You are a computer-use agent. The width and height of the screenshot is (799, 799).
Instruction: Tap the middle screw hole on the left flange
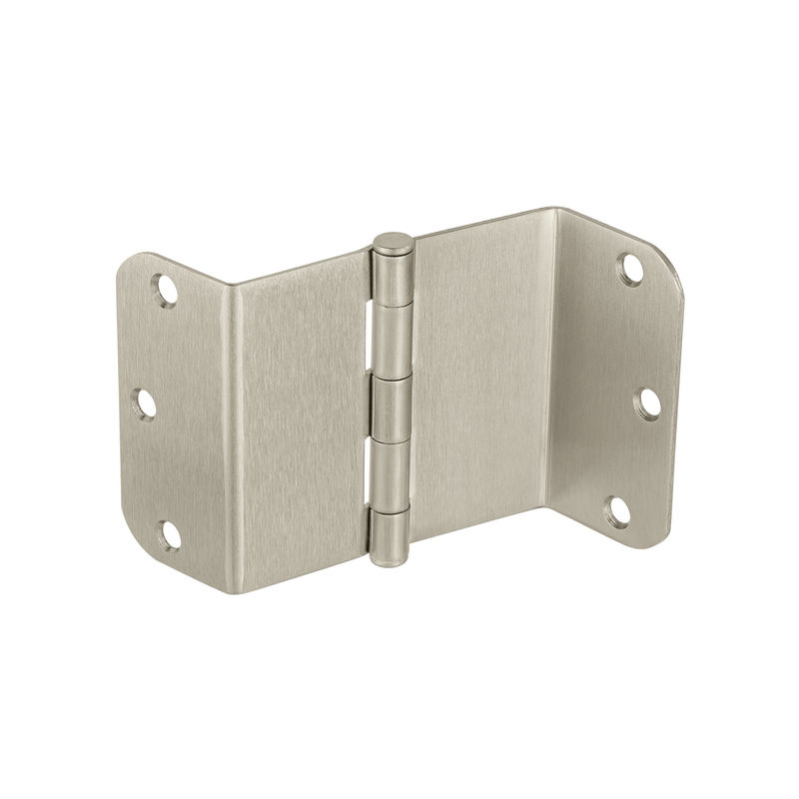pos(146,404)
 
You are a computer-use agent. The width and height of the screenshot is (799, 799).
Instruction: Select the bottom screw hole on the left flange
pos(170,534)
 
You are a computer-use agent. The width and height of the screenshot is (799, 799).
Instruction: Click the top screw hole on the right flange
pos(629,267)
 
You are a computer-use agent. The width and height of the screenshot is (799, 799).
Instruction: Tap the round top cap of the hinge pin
pos(394,242)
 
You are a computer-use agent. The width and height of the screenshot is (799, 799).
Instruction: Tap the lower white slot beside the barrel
pos(375,475)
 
